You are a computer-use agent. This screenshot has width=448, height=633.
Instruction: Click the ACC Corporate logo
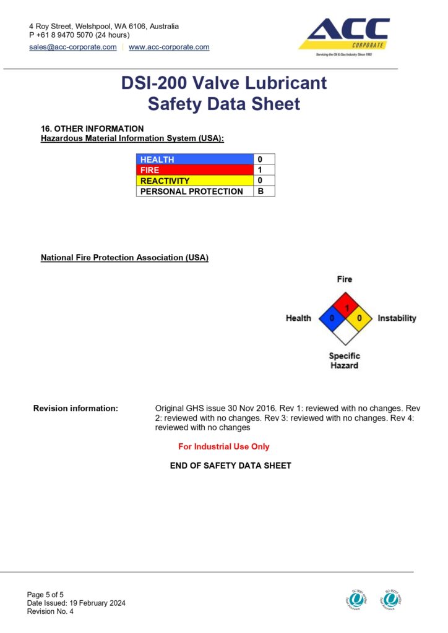[344, 36]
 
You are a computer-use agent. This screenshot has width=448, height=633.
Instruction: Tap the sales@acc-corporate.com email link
[73, 47]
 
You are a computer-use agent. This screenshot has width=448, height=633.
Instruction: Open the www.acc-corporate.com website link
[169, 47]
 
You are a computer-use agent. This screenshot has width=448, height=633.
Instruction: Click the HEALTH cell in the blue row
[194, 159]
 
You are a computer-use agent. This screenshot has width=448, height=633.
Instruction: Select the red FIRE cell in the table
[194, 170]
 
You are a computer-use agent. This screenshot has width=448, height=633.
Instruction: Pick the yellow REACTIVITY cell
[194, 181]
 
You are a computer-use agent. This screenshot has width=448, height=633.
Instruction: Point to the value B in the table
[261, 192]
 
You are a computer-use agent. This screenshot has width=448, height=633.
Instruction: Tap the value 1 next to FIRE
[261, 170]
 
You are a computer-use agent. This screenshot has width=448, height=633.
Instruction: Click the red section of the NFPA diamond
[345, 305]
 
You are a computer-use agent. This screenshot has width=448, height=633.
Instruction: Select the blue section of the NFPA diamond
[331, 318]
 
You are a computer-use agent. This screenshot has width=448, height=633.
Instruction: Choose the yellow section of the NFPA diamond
[358, 318]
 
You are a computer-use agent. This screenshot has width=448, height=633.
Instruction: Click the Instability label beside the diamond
[397, 318]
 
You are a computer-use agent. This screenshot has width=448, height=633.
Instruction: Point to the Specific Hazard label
[344, 360]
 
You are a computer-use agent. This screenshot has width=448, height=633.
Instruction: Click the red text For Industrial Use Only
[224, 446]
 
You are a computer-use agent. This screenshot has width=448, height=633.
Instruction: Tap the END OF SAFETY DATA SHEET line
[230, 465]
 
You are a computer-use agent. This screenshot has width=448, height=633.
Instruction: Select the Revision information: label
[75, 409]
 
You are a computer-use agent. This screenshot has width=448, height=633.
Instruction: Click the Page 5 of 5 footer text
[45, 595]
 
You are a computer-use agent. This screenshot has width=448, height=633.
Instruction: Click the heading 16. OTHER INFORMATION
[92, 129]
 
